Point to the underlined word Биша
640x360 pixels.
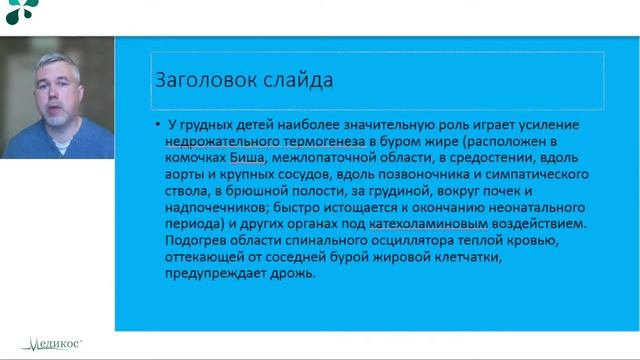pyautogui.click(x=249, y=158)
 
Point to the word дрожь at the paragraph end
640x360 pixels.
pyautogui.click(x=296, y=273)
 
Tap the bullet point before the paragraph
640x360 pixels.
pyautogui.click(x=158, y=125)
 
